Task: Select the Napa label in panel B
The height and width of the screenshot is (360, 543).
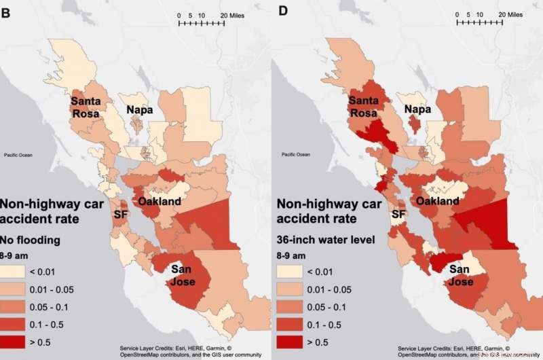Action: [138, 109]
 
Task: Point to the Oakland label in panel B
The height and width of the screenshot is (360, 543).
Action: [160, 202]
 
